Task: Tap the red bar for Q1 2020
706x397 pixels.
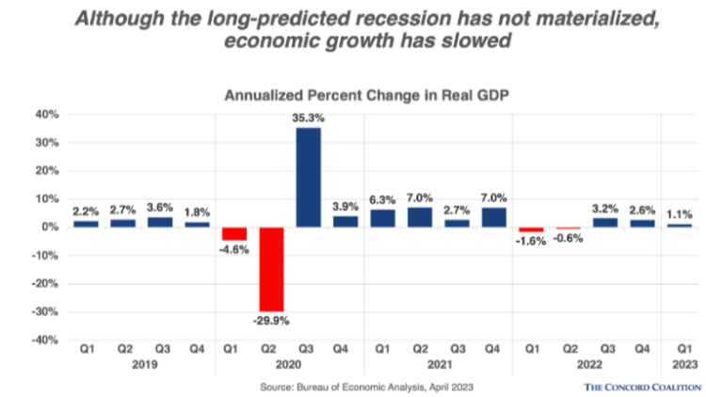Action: pyautogui.click(x=233, y=233)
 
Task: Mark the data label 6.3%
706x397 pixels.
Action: pyautogui.click(x=381, y=199)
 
